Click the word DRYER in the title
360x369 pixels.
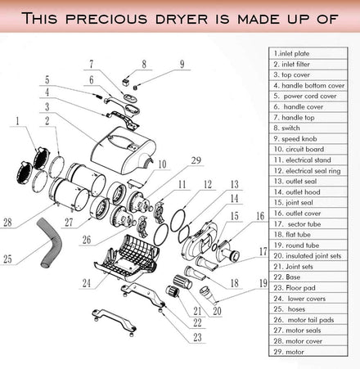coord(182,19)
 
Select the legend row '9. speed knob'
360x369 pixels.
coord(295,139)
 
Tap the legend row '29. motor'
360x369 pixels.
coord(289,352)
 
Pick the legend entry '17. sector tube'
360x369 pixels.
coord(297,224)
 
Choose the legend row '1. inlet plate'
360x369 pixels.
coord(291,53)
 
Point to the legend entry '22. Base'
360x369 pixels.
coord(287,277)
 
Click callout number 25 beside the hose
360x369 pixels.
coord(7,259)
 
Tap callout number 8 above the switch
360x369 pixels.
coord(144,64)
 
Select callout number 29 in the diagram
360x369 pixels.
coord(196,160)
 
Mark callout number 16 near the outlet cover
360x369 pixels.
coord(260,216)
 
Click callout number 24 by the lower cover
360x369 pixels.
coord(87,283)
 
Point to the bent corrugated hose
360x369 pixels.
coord(51,242)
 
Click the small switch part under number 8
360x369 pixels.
coord(125,82)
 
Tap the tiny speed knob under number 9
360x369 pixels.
coord(134,88)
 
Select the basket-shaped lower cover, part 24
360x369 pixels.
coord(127,259)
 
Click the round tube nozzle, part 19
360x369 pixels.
coord(207,294)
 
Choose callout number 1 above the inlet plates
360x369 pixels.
coord(18,121)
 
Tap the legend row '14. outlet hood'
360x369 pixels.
coord(297,192)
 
